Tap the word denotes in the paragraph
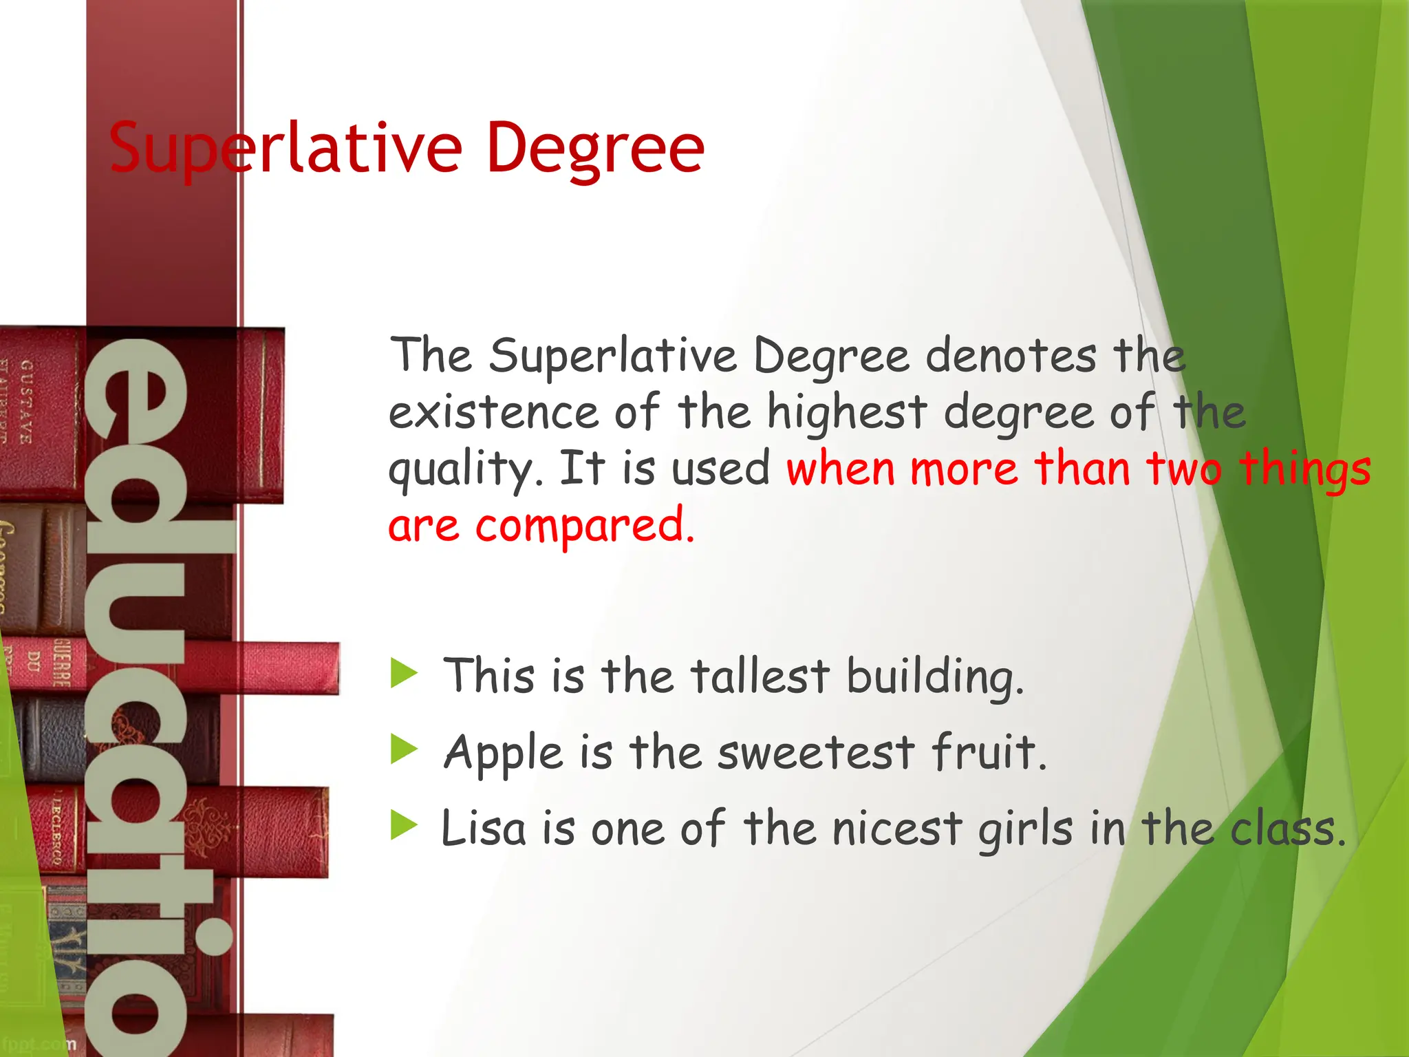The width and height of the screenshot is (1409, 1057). point(1011,356)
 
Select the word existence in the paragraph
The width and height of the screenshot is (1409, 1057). point(493,412)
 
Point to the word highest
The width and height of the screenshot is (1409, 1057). point(847,414)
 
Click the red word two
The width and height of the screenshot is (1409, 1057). point(1183,469)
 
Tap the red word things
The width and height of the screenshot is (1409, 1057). point(1304,470)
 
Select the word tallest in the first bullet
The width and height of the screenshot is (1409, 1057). point(760,676)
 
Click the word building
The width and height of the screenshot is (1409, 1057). point(935,677)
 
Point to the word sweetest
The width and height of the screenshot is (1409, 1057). point(816,751)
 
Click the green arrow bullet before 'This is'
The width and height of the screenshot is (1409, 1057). point(404,672)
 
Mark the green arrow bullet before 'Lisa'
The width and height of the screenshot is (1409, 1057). point(404,824)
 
